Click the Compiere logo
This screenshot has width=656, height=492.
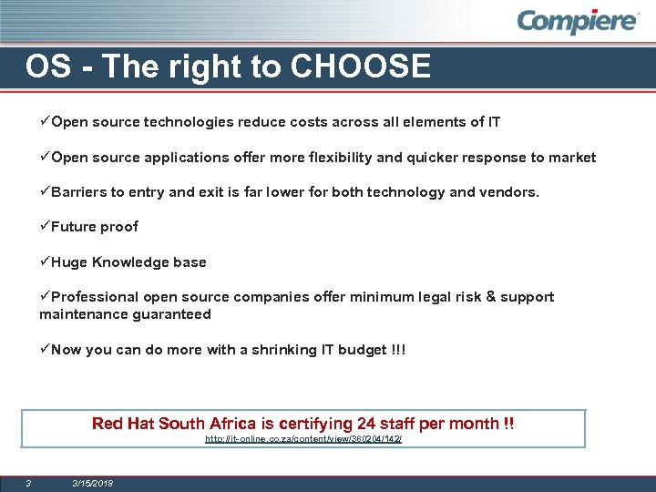579,21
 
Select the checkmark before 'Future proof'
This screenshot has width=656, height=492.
45,226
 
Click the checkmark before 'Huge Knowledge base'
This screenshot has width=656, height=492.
45,261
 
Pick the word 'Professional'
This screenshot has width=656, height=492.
95,297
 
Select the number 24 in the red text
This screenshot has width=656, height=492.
367,424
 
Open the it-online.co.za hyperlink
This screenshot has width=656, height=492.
302,439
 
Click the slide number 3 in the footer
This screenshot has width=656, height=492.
28,483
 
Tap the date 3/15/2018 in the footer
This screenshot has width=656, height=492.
93,483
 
